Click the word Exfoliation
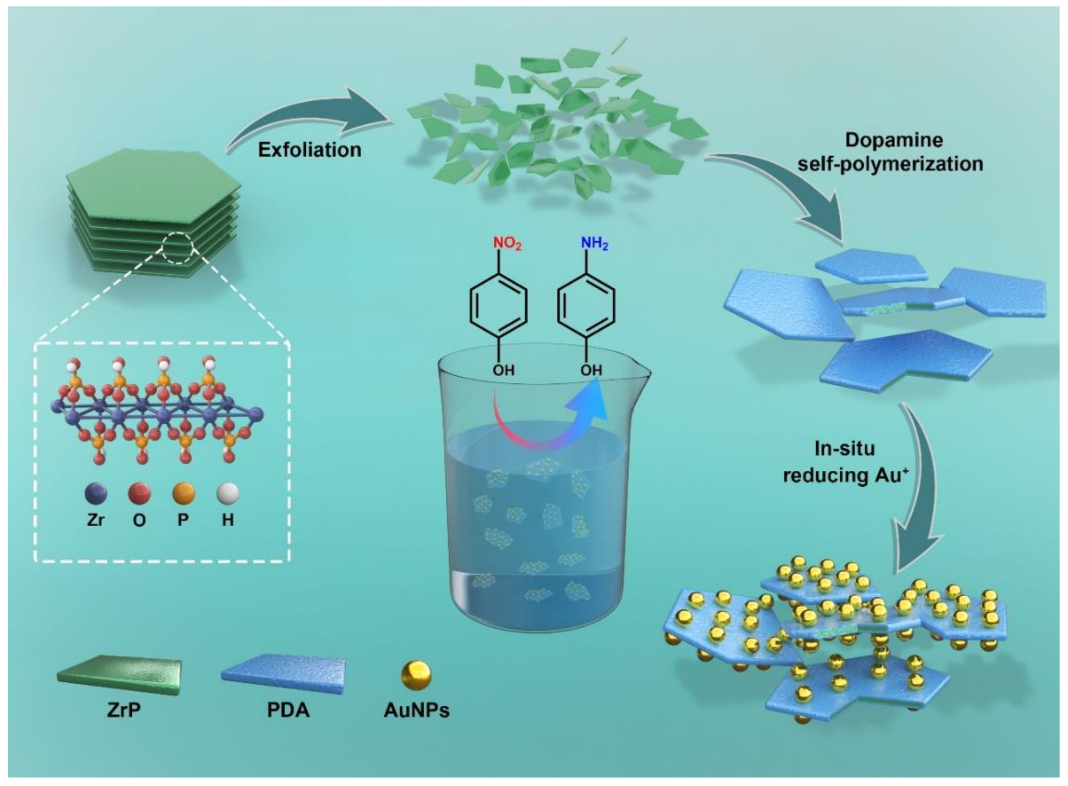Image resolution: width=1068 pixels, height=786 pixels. [x=309, y=150]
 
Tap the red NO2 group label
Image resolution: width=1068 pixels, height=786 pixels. [x=507, y=244]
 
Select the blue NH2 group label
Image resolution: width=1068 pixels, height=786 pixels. [x=595, y=244]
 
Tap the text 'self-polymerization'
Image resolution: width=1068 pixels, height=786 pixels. [x=890, y=164]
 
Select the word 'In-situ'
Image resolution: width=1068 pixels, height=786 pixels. [x=845, y=449]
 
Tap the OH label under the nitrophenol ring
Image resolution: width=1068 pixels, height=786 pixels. [x=503, y=370]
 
